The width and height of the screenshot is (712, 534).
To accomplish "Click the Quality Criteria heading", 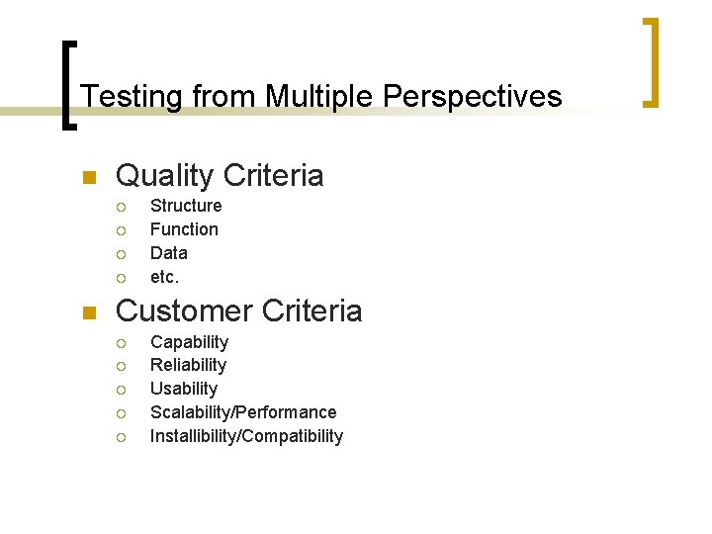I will pos(220,176).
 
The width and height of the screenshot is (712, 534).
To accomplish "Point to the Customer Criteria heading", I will pos(239,311).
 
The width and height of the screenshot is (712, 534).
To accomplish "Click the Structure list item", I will pos(186,206).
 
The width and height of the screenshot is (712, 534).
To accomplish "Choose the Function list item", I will pos(184,229).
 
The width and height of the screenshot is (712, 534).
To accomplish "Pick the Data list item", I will pos(168,253).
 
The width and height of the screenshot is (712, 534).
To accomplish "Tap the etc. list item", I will pos(164,277).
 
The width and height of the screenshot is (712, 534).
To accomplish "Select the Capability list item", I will pos(189,342).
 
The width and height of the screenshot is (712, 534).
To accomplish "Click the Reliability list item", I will pos(188,365).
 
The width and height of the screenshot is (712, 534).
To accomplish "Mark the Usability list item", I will pos(184,389).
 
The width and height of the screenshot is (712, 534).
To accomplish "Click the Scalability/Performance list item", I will pos(243,412).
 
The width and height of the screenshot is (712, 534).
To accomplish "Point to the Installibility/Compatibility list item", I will pos(246,436).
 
